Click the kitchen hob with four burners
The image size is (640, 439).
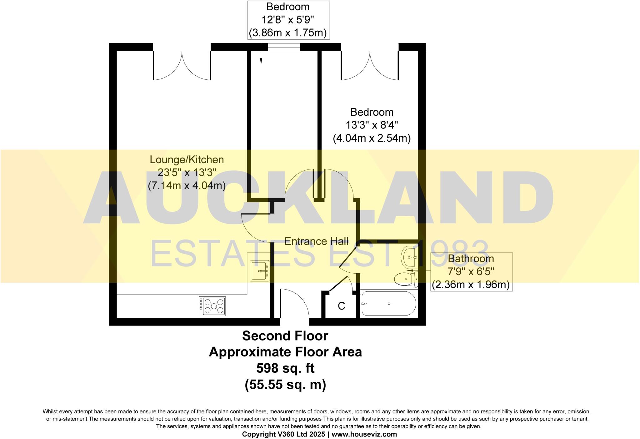tap(212, 306)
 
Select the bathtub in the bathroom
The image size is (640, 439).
tap(388, 304)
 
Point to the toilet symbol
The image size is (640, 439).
tap(406, 279)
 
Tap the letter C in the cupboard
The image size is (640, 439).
tap(341, 306)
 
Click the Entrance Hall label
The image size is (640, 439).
tap(316, 241)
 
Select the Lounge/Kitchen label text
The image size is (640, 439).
tap(187, 160)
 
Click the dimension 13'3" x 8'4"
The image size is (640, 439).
tap(372, 125)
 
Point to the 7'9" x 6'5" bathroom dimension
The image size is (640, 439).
tap(471, 272)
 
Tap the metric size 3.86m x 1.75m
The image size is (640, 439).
tap(287, 33)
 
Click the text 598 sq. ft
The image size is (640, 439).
tap(285, 368)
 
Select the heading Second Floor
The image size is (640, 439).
tap(285, 336)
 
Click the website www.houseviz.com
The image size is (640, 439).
tap(364, 434)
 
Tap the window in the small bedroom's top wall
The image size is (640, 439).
tap(284, 47)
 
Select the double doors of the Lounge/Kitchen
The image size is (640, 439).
tap(182, 66)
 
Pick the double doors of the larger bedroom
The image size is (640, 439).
tap(370, 66)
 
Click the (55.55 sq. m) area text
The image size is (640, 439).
tap(285, 385)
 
